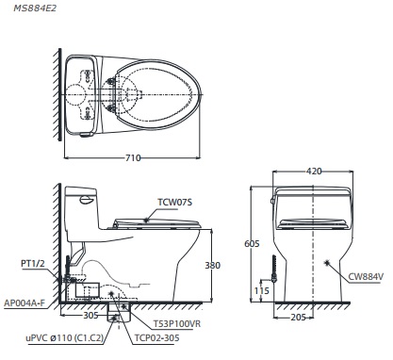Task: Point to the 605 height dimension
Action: pos(251,243)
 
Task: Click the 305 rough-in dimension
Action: pos(91,318)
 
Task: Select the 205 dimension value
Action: pos(297,319)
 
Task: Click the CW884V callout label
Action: pos(368,276)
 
